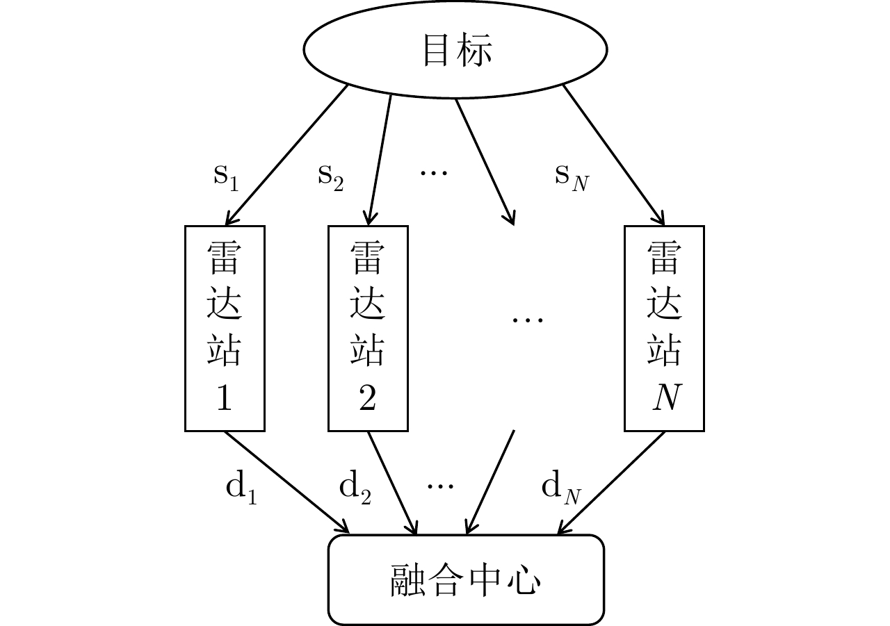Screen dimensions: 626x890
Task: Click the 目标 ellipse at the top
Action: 455,50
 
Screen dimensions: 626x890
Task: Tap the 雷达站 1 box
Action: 225,328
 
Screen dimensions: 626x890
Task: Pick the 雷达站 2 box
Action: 368,328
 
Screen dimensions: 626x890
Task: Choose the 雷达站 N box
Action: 664,328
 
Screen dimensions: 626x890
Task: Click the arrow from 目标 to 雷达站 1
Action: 289,153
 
